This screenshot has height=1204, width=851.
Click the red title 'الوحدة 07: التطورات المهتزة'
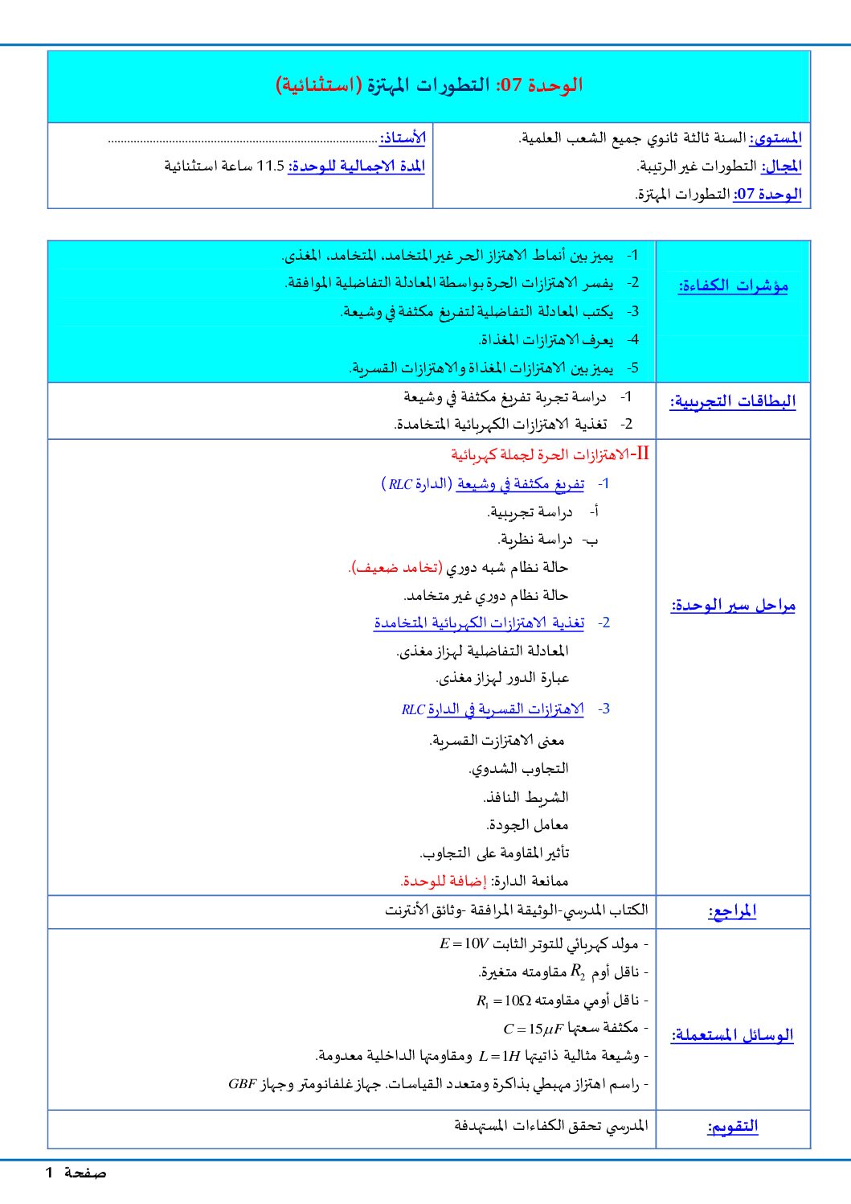tap(430, 84)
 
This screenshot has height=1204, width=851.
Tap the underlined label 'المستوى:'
tap(775, 138)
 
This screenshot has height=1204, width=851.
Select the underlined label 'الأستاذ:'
tap(403, 138)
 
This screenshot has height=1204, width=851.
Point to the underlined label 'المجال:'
tap(782, 166)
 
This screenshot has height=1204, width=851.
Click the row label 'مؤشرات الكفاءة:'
tap(733, 286)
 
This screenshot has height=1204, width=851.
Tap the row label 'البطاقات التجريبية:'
tap(733, 401)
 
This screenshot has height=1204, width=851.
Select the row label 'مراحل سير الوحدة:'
tap(733, 605)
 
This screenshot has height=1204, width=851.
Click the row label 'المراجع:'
tap(732, 911)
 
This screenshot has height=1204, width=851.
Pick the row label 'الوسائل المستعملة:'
tap(733, 1035)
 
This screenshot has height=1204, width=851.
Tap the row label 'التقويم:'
tap(733, 1126)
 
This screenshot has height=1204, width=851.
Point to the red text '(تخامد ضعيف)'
tap(395, 567)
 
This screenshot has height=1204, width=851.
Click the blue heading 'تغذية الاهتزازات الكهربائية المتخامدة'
tap(479, 623)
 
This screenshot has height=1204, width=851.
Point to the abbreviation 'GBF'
tap(242, 1083)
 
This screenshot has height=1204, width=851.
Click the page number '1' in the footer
tap(49, 1173)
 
